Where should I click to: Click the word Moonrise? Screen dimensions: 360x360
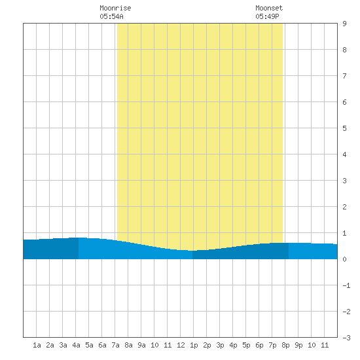click(x=115, y=8)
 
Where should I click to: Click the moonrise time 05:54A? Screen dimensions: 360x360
click(x=111, y=16)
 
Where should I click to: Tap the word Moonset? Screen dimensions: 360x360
click(x=269, y=8)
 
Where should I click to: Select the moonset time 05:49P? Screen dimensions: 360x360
click(x=267, y=16)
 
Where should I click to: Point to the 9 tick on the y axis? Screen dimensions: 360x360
click(x=344, y=24)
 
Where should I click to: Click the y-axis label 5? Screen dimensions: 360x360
click(x=344, y=128)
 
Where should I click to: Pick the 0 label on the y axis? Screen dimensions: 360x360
click(x=344, y=259)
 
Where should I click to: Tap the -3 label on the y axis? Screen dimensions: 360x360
click(x=346, y=338)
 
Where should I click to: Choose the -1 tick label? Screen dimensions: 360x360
click(x=346, y=285)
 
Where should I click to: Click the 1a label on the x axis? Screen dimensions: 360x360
click(x=37, y=345)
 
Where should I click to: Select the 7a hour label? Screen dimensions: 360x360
click(x=115, y=345)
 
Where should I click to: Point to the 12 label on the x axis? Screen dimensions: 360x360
click(x=181, y=345)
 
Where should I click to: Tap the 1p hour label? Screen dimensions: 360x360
click(x=194, y=345)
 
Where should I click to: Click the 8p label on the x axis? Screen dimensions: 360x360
click(x=285, y=345)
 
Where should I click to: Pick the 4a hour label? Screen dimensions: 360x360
click(x=76, y=345)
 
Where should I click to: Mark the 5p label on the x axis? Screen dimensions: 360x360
click(x=246, y=345)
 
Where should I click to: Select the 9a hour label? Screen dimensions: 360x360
click(x=141, y=345)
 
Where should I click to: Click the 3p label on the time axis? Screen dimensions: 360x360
click(x=220, y=345)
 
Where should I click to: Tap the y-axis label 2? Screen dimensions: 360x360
click(x=344, y=207)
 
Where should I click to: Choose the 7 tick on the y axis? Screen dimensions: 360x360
click(x=344, y=76)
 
